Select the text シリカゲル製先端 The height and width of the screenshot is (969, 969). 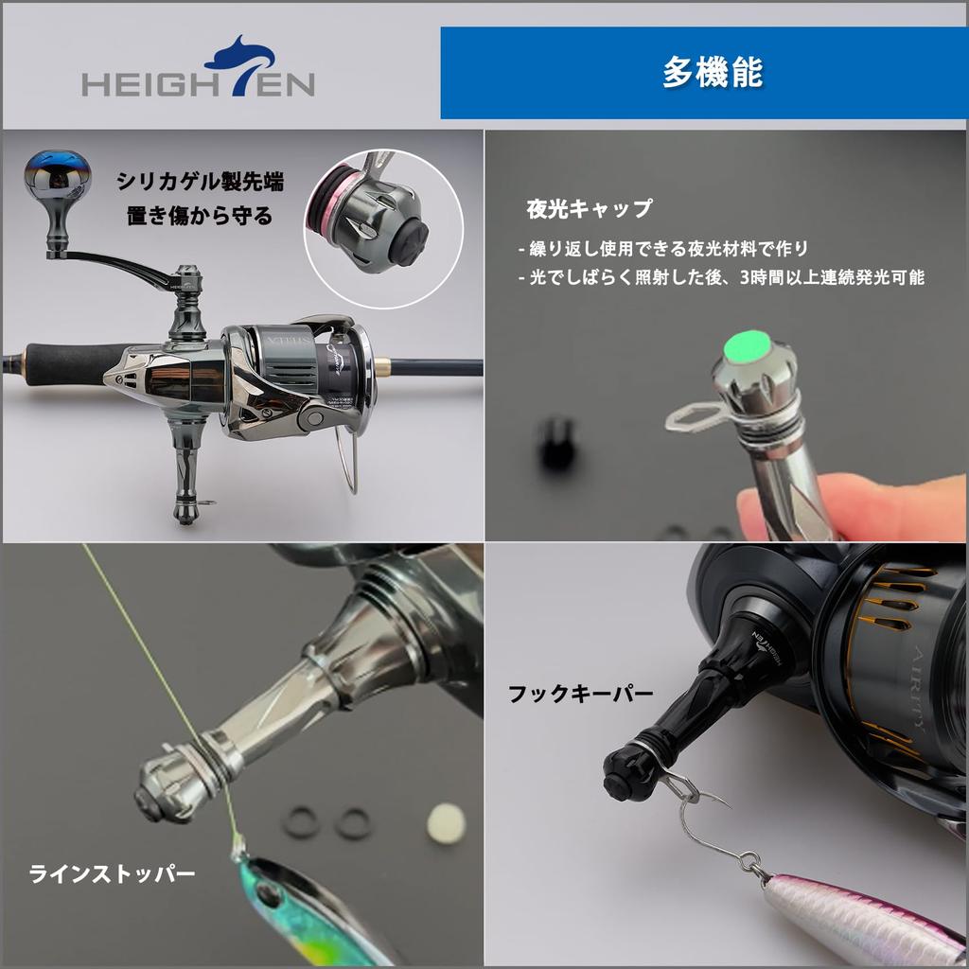tap(200, 181)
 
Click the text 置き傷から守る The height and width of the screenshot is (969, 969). tap(200, 215)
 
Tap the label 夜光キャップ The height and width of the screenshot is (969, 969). tap(589, 207)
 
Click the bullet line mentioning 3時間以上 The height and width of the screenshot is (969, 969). tap(721, 278)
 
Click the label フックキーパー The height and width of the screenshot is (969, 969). tap(580, 694)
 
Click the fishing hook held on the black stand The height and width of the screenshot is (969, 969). tap(705, 814)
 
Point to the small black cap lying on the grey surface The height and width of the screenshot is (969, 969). tap(555, 442)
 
